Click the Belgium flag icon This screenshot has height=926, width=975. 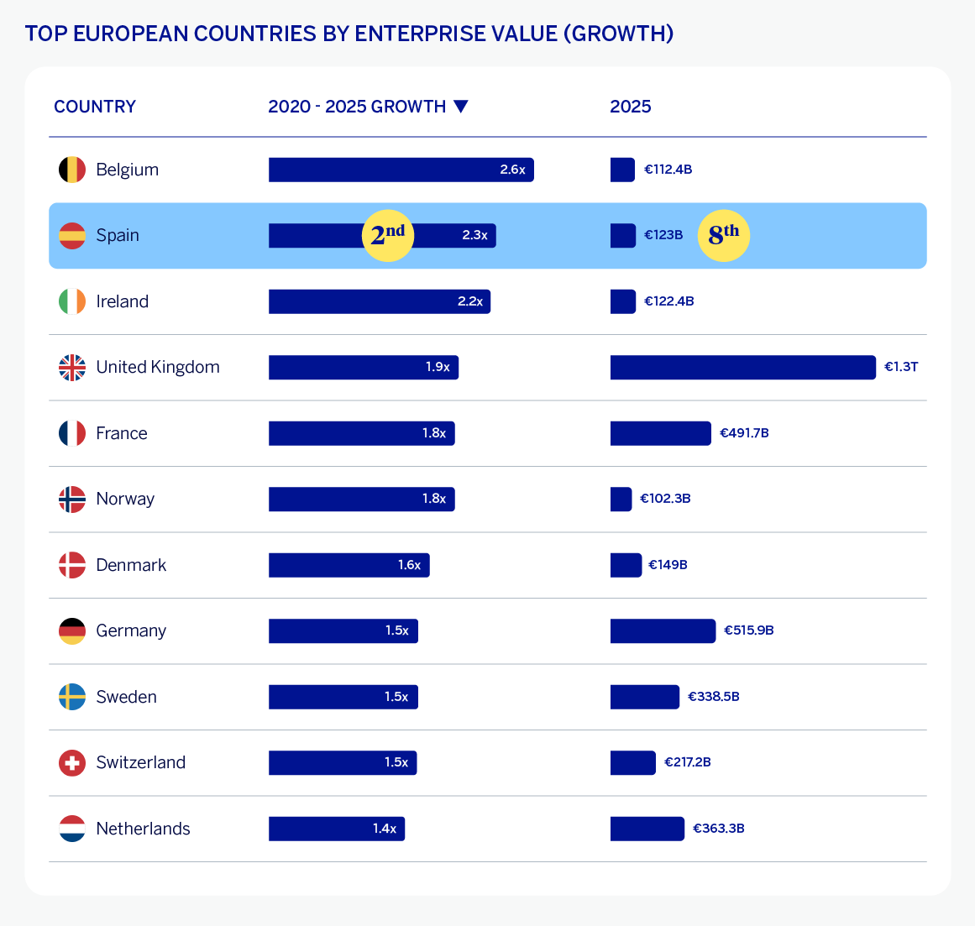[x=72, y=170]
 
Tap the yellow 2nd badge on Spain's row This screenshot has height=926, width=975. [x=388, y=235]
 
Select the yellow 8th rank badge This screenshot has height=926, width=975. [x=724, y=235]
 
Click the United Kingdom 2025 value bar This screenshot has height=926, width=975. [x=742, y=368]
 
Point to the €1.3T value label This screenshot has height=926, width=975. [x=901, y=368]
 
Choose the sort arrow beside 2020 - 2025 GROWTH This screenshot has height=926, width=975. [x=460, y=107]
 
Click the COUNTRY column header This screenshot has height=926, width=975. [x=95, y=107]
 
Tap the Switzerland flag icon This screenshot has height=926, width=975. [x=72, y=763]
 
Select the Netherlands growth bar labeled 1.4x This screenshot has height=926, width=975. [x=337, y=829]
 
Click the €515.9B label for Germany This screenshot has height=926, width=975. [x=749, y=630]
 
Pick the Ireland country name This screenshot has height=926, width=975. [x=123, y=301]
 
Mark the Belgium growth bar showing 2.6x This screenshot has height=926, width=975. [x=401, y=170]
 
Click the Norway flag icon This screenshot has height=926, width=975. [x=72, y=500]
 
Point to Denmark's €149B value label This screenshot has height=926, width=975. [x=668, y=565]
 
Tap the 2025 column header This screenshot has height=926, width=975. [x=631, y=107]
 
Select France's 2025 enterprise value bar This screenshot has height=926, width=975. [x=660, y=433]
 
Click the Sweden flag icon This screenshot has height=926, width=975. [x=72, y=697]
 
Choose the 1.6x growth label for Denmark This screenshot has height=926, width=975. [x=410, y=565]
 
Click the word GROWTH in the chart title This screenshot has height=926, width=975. [x=619, y=34]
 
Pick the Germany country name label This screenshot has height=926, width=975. [x=131, y=630]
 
